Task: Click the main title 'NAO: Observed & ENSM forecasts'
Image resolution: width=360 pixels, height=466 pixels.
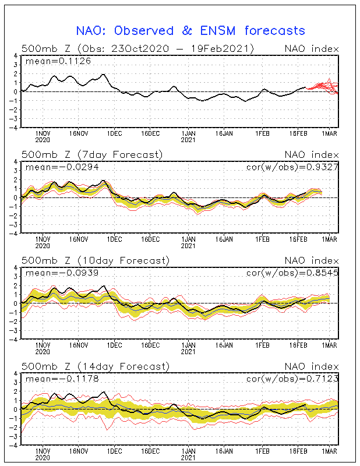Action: [190, 31]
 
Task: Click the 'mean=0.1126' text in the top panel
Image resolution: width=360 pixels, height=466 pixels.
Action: [58, 61]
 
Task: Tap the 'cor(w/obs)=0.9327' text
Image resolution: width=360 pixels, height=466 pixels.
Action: [292, 167]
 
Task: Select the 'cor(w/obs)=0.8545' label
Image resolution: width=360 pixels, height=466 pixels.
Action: [292, 273]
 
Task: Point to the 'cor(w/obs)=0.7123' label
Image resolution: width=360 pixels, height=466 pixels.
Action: [292, 379]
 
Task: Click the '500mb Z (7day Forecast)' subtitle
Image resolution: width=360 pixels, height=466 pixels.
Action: [92, 155]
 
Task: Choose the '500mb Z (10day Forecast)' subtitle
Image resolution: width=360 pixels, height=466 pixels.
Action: [96, 260]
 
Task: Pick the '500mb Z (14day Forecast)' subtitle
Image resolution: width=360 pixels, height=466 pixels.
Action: [96, 366]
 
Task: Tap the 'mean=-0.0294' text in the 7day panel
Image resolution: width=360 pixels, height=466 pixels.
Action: [62, 167]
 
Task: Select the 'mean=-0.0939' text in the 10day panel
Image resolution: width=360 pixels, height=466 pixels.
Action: [62, 273]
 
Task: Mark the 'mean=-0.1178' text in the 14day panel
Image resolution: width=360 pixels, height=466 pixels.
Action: [62, 379]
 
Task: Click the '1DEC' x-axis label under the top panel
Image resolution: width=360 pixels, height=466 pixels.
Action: [114, 133]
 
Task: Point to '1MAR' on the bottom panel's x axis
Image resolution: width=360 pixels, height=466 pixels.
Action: [329, 451]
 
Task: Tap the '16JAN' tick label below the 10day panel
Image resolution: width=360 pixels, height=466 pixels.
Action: [224, 345]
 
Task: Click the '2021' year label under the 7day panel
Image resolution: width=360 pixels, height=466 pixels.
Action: [188, 246]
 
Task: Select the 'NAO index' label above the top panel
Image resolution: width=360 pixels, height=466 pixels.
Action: [312, 49]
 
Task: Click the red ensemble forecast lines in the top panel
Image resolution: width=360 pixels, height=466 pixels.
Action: [322, 87]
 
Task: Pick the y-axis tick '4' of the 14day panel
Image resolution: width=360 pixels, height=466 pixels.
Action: [16, 373]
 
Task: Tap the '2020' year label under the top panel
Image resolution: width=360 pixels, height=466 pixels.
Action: [43, 140]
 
